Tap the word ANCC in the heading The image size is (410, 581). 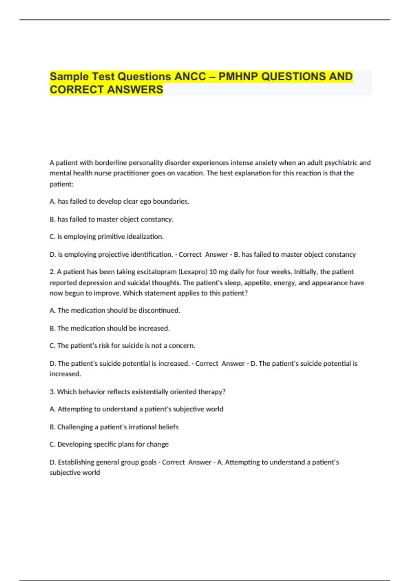click(x=190, y=77)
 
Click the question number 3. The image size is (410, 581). click(x=52, y=392)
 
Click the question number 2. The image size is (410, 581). click(x=52, y=272)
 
